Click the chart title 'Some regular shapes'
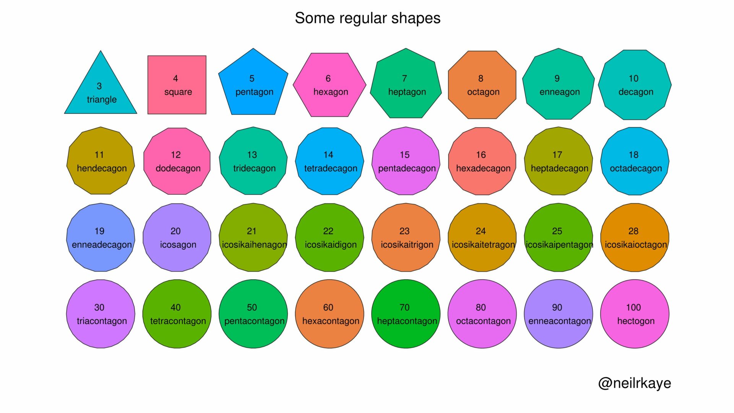pyautogui.click(x=367, y=18)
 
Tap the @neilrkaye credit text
pyautogui.click(x=635, y=383)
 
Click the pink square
pyautogui.click(x=177, y=85)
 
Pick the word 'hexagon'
pyautogui.click(x=331, y=92)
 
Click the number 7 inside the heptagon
pyautogui.click(x=404, y=78)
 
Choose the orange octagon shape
pyautogui.click(x=482, y=85)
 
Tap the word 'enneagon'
pyautogui.click(x=560, y=92)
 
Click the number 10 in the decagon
pyautogui.click(x=633, y=78)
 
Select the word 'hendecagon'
pyautogui.click(x=102, y=169)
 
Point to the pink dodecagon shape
pyautogui.click(x=177, y=161)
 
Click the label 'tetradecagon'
pyautogui.click(x=331, y=169)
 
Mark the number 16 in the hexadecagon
pyautogui.click(x=481, y=155)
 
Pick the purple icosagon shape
pyautogui.click(x=177, y=237)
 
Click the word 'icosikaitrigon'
pyautogui.click(x=407, y=245)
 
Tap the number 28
pyautogui.click(x=633, y=231)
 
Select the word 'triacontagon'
pyautogui.click(x=102, y=321)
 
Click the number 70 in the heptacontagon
pyautogui.click(x=404, y=307)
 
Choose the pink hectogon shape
pyautogui.click(x=635, y=314)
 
